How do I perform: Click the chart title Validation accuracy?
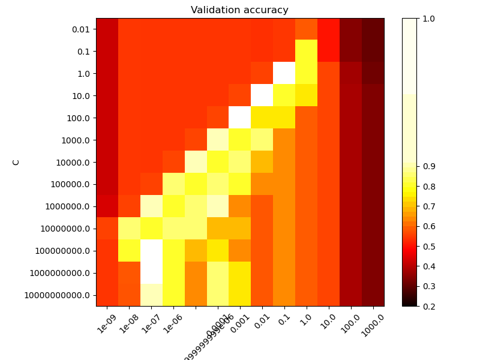point(239,10)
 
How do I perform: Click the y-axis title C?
point(16,162)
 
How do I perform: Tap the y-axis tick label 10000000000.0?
point(58,295)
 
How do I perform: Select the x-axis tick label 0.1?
point(283,317)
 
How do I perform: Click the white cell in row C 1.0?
point(284,74)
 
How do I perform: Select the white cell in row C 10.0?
point(262,96)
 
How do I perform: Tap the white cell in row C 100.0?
point(239,118)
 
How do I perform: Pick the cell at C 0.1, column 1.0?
point(306,52)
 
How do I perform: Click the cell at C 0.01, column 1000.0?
point(373,29)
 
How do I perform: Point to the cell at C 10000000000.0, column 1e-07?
point(151,295)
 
